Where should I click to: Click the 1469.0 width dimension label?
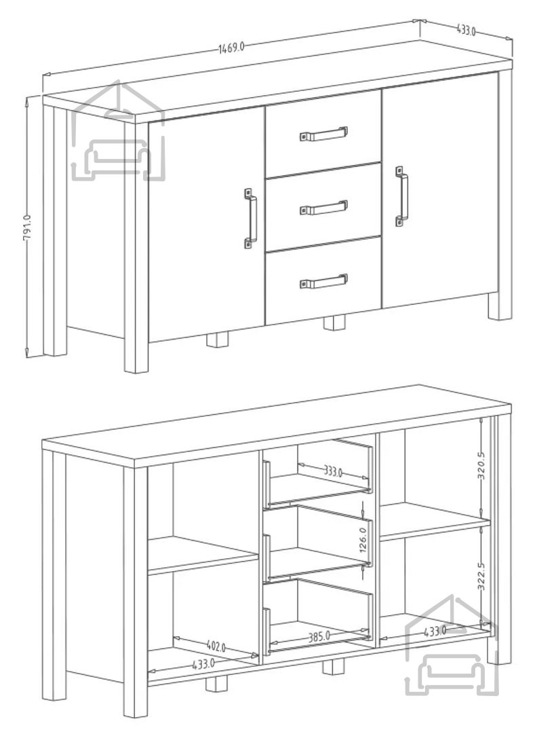(231, 48)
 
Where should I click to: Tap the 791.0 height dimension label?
(27, 228)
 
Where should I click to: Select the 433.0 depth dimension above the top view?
(466, 31)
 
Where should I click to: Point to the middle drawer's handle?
(323, 208)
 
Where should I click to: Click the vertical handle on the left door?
(250, 218)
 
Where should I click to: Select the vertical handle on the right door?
(401, 196)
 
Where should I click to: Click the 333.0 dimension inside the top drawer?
(333, 471)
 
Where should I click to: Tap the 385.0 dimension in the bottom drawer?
(320, 636)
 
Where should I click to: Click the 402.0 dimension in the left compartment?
(216, 646)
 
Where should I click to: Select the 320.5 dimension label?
(481, 465)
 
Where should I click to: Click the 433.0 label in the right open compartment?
(435, 632)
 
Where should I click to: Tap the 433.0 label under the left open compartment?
(203, 663)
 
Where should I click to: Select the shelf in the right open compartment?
(435, 522)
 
